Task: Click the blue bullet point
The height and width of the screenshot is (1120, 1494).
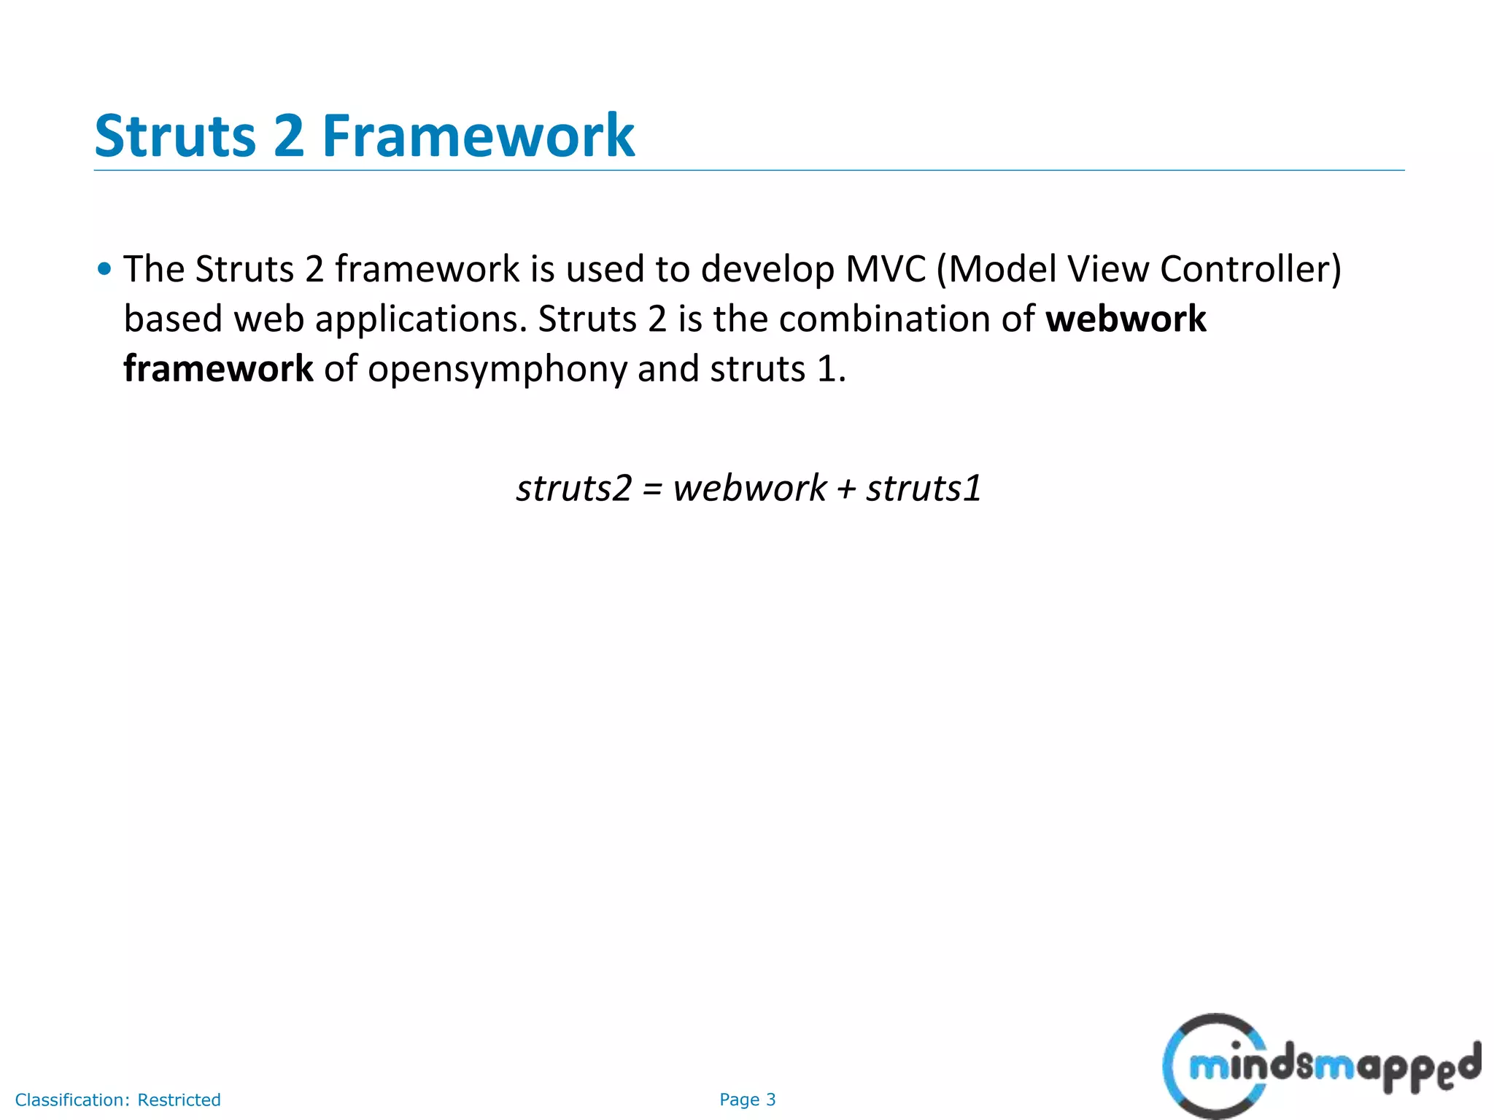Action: [x=105, y=269]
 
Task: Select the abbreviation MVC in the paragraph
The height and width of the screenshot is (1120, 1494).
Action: [x=886, y=269]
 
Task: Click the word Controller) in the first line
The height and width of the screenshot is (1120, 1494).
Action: [x=1250, y=269]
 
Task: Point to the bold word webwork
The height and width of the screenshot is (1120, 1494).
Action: [x=1126, y=319]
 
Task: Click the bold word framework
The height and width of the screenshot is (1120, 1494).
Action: [x=218, y=369]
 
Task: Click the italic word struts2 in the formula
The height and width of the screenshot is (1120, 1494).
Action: [x=573, y=489]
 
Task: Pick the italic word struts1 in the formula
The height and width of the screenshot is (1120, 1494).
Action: [x=924, y=489]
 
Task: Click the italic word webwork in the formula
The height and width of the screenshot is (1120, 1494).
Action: [x=749, y=489]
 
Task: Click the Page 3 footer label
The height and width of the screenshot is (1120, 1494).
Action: [x=747, y=1100]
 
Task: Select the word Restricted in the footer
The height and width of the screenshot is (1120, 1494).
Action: [x=179, y=1100]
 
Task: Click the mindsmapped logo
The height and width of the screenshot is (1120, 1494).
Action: [x=1320, y=1066]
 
